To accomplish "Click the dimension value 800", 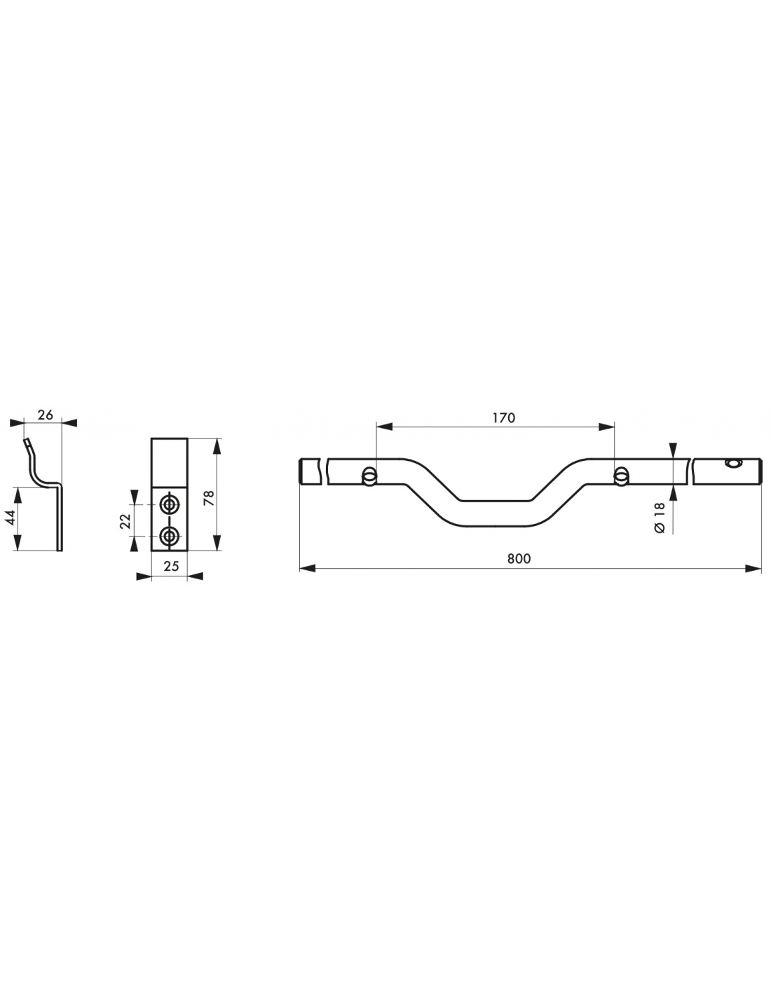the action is click(x=519, y=558).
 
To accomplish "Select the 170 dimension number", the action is click(x=504, y=417).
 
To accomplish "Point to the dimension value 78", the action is click(x=209, y=498).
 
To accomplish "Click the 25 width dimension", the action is click(x=171, y=566).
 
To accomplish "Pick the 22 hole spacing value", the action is click(x=125, y=521).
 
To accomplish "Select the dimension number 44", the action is click(x=11, y=518).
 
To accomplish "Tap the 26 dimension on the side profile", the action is click(x=46, y=415).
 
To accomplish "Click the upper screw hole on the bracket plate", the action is click(x=169, y=504).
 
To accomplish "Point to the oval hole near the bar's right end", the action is click(x=732, y=464).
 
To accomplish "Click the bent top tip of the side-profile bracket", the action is click(x=27, y=442).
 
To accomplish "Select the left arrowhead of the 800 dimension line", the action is click(x=307, y=569).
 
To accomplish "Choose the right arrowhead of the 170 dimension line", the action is click(x=606, y=427).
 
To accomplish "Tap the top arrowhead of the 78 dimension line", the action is click(x=217, y=446).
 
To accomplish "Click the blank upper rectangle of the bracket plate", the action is click(x=169, y=462).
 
